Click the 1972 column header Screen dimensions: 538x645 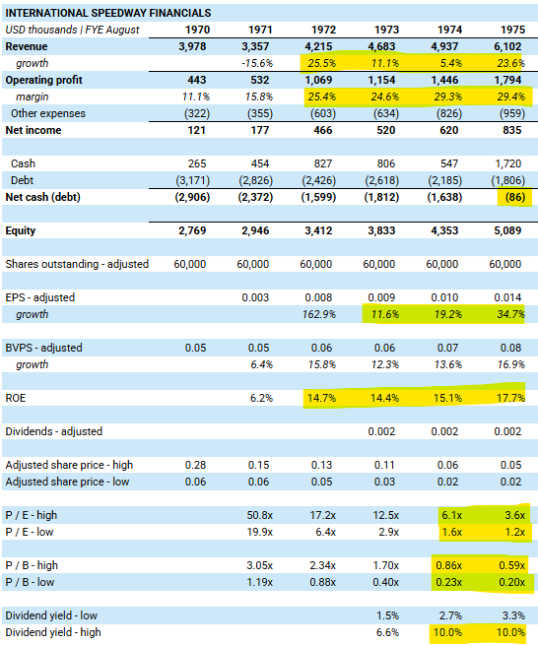point(323,30)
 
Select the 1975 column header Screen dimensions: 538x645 point(513,30)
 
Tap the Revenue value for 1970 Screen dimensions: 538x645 point(192,46)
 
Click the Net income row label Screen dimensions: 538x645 point(34,130)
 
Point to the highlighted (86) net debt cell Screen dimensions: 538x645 point(515,197)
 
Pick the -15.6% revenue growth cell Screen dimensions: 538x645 point(257,63)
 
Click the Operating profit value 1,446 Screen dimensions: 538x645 point(444,80)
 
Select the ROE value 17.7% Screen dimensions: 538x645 point(510,398)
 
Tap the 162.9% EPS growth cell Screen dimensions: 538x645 point(319,314)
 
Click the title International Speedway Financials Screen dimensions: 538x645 point(108,13)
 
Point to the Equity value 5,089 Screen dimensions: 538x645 point(507,230)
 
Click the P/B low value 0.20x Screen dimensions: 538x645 point(512,582)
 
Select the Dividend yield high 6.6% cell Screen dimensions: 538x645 point(388,632)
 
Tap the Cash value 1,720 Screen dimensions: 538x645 point(508,163)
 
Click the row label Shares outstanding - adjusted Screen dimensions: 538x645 point(77,264)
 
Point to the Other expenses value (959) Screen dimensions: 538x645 point(512,113)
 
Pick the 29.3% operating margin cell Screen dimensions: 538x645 point(448,97)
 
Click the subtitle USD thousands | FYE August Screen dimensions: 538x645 point(73,30)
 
